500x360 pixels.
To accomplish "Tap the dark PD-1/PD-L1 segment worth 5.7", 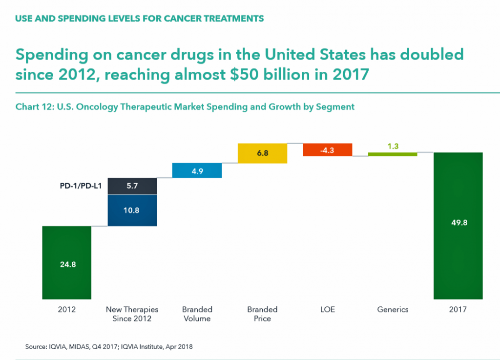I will pyautogui.click(x=132, y=186).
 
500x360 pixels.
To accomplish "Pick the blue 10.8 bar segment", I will pyautogui.click(x=132, y=211).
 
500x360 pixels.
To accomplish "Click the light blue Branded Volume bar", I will pyautogui.click(x=197, y=170).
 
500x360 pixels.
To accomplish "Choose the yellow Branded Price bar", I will pyautogui.click(x=262, y=153).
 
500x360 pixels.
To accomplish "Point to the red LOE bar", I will pyautogui.click(x=327, y=150).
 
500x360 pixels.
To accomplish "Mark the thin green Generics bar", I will pyautogui.click(x=393, y=154).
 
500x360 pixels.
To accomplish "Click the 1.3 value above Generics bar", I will pyautogui.click(x=393, y=146).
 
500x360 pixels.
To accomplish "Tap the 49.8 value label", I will pyautogui.click(x=458, y=223).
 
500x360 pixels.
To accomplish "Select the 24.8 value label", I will pyautogui.click(x=67, y=265).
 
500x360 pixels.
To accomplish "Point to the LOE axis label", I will pyautogui.click(x=327, y=309).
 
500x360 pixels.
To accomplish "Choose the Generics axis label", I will pyautogui.click(x=393, y=309).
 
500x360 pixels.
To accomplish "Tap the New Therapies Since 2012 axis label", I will pyautogui.click(x=132, y=314).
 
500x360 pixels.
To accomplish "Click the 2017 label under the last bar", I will pyautogui.click(x=458, y=309).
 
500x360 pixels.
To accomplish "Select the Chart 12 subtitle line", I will pyautogui.click(x=185, y=106).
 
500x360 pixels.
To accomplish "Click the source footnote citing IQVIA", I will pyautogui.click(x=109, y=347).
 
